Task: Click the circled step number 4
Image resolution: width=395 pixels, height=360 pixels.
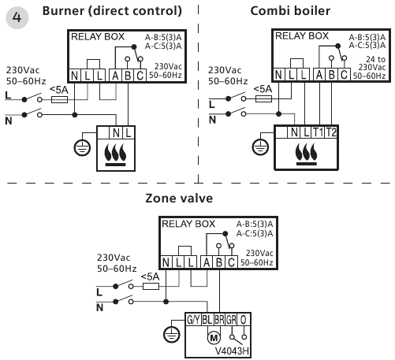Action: click(x=17, y=17)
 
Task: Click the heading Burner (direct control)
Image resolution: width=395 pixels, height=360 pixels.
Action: click(x=112, y=11)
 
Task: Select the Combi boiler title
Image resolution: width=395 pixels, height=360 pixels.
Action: click(x=290, y=11)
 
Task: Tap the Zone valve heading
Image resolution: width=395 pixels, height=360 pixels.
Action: click(x=179, y=199)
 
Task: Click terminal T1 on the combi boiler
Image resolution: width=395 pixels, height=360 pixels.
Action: click(x=318, y=132)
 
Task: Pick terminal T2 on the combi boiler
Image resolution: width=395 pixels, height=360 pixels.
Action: click(x=331, y=132)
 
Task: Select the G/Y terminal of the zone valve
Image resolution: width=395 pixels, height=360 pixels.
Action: click(x=193, y=320)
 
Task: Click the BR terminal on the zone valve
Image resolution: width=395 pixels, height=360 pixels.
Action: click(x=219, y=320)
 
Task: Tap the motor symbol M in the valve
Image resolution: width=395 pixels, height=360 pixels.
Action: click(x=214, y=338)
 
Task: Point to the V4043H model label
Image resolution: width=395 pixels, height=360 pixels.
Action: click(x=232, y=351)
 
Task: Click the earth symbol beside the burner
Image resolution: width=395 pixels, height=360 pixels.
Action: click(x=82, y=148)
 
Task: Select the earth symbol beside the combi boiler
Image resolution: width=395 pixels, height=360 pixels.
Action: click(x=260, y=147)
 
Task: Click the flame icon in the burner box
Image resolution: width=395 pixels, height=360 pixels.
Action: click(x=115, y=155)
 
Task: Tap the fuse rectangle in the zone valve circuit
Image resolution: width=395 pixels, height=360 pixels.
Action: click(x=151, y=286)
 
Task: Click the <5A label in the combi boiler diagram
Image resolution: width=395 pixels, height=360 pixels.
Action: click(x=263, y=89)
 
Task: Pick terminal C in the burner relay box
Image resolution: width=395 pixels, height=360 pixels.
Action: click(x=140, y=76)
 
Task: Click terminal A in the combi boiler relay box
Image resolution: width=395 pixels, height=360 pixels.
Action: click(x=319, y=75)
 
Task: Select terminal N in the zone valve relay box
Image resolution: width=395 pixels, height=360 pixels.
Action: click(x=166, y=262)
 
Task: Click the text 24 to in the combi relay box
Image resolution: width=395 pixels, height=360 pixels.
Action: click(x=376, y=59)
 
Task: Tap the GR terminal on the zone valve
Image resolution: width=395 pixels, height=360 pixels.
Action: click(x=231, y=320)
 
